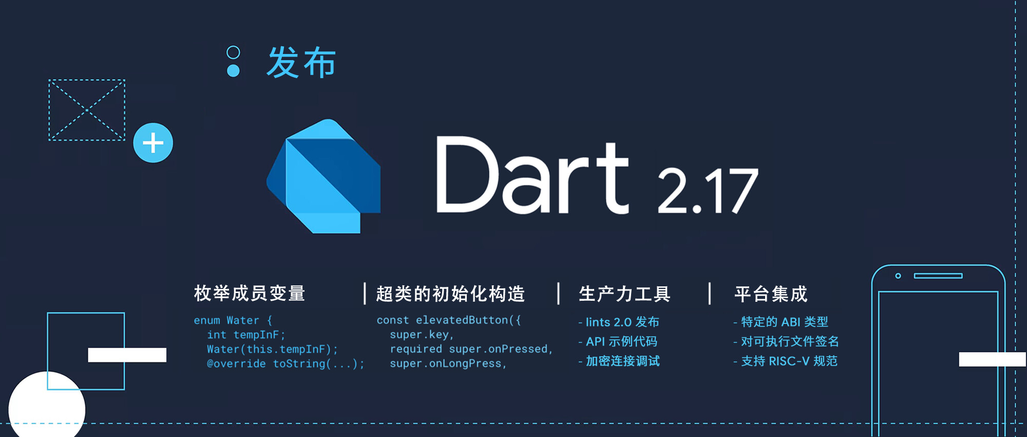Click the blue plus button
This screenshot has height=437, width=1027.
153,143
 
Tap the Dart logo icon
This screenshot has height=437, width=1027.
324,176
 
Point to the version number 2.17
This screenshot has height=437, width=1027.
708,191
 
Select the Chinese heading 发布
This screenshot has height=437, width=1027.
301,62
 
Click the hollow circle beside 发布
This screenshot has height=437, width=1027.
233,52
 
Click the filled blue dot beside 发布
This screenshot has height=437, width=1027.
233,70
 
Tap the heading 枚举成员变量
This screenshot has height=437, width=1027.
250,294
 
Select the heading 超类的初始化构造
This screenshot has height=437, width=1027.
450,294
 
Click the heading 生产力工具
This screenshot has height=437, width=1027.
624,294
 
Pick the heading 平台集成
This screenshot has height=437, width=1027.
771,294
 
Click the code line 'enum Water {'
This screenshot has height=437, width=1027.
233,320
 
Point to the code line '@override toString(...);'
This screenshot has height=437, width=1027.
286,363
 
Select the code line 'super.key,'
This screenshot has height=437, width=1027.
422,335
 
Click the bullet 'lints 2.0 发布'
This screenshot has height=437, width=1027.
619,322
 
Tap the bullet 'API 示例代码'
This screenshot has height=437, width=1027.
618,341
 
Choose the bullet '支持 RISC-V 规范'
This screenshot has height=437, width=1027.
786,361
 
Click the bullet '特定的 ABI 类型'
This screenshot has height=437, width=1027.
781,322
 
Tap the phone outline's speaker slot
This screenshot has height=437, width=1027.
938,276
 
